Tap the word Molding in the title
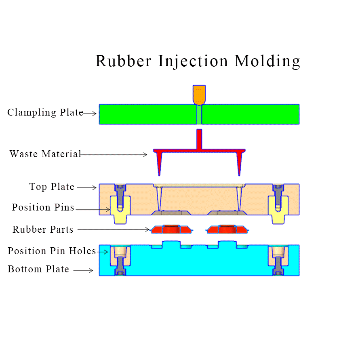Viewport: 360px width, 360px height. click(x=267, y=62)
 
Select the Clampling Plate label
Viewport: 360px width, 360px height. click(x=45, y=112)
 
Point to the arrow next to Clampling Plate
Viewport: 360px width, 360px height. click(x=90, y=114)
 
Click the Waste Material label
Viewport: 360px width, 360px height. click(x=45, y=154)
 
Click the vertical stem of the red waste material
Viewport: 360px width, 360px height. click(x=199, y=139)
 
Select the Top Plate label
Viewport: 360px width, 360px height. click(x=52, y=187)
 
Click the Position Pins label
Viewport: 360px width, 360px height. click(x=43, y=208)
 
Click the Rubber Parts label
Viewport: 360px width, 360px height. click(x=43, y=229)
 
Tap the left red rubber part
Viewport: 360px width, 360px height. click(x=170, y=229)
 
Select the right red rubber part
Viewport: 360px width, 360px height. click(x=227, y=229)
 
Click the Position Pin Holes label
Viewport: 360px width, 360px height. click(x=52, y=251)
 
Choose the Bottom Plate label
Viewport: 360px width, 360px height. click(x=38, y=269)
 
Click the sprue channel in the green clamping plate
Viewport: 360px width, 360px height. click(x=199, y=115)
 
